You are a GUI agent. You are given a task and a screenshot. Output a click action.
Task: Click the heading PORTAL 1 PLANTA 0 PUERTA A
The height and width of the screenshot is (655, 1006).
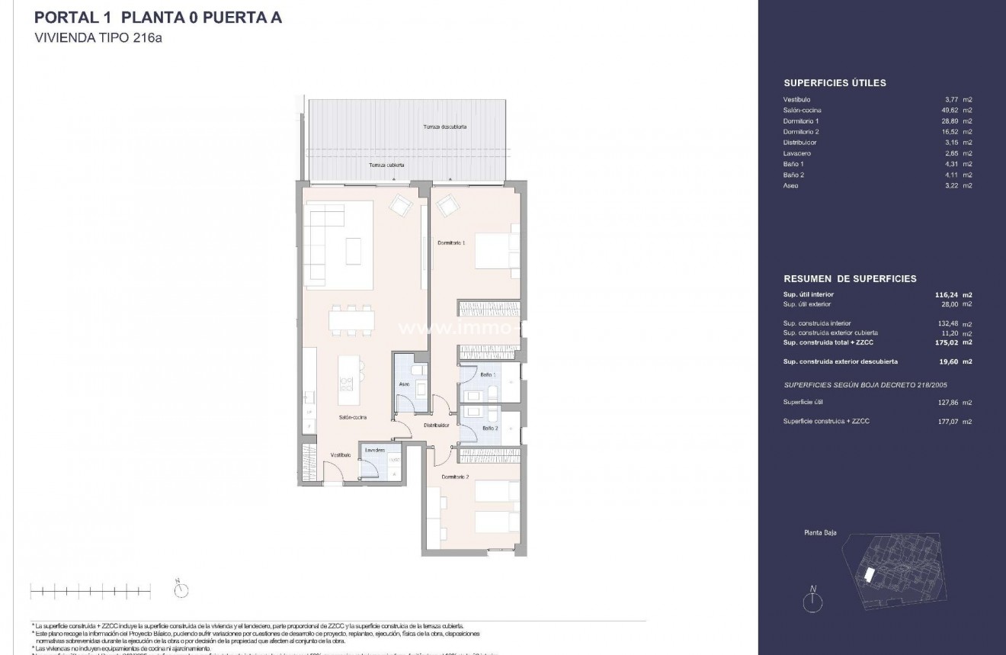[x=159, y=18]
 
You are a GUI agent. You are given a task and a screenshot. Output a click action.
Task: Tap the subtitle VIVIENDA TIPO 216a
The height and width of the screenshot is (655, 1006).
[x=99, y=38]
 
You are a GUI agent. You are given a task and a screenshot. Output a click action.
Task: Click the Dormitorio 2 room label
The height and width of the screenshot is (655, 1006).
[x=457, y=477]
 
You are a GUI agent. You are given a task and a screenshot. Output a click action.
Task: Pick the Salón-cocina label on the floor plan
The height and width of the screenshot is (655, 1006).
[x=353, y=418]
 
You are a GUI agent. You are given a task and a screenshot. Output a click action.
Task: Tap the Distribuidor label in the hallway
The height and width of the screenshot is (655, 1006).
[x=436, y=425]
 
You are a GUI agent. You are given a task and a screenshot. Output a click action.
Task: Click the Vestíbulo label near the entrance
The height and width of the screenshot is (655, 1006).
[x=340, y=455]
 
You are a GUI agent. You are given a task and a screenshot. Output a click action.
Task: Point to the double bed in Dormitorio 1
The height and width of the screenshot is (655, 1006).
[x=496, y=249]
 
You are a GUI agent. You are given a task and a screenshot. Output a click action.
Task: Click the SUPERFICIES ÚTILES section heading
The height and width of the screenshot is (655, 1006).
[x=835, y=83]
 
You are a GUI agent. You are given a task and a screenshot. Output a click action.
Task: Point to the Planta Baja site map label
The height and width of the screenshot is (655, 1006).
[x=820, y=533]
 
